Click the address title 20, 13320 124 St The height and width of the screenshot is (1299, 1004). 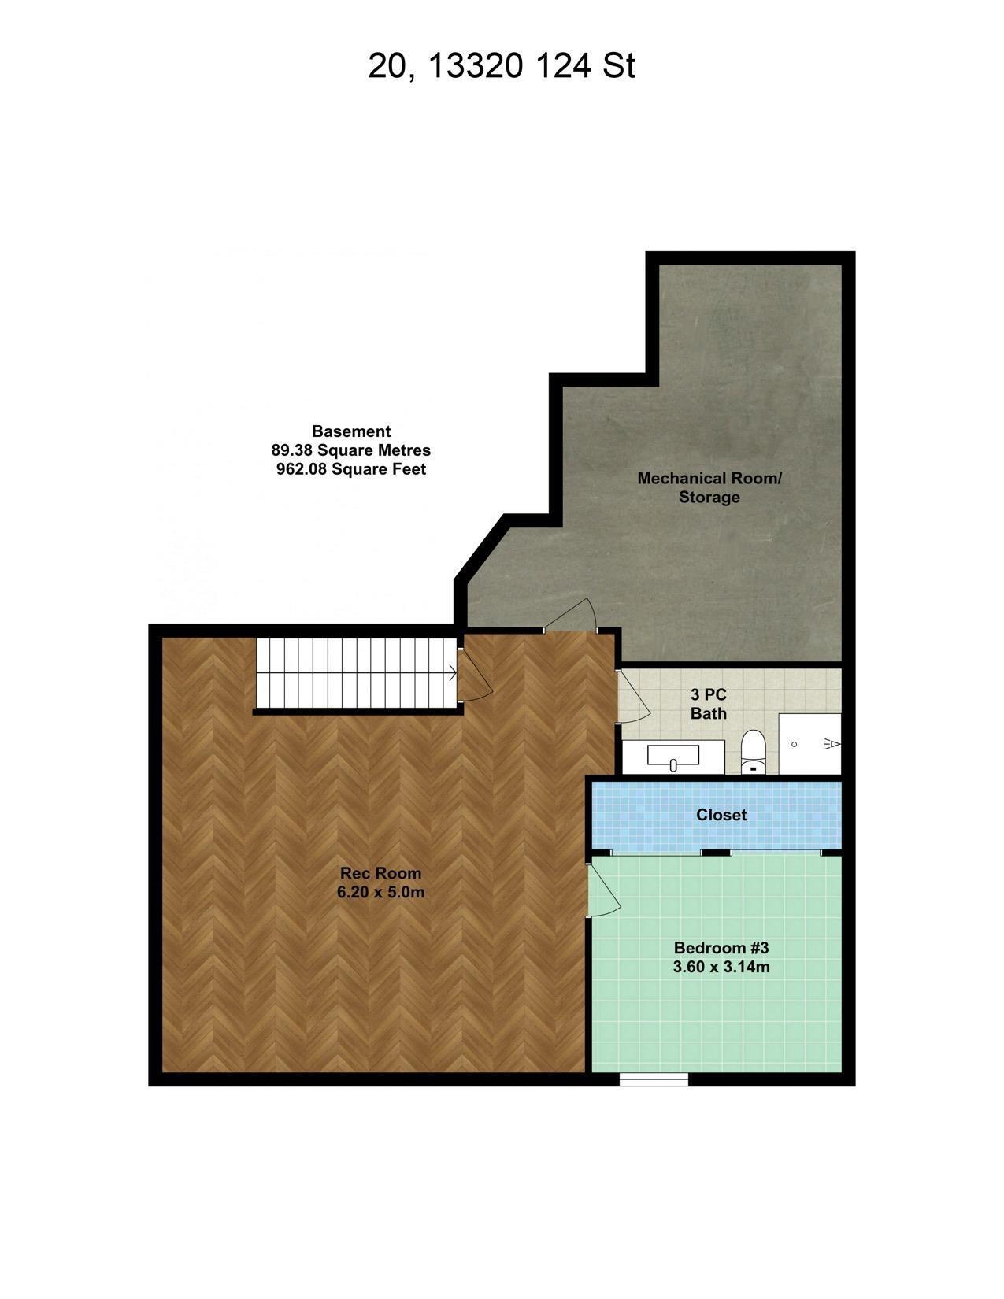pos(501,66)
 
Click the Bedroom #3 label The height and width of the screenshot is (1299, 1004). pos(721,947)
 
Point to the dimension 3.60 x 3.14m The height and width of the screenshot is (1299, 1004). pos(721,967)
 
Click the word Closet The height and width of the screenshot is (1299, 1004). pos(721,815)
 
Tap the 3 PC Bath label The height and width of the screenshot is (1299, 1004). pos(708,704)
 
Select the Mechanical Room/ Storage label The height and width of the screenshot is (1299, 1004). pos(709,487)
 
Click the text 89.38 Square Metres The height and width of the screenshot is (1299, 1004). pos(351,450)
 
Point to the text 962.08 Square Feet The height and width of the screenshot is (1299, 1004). pos(351,469)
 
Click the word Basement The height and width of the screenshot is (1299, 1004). pos(351,431)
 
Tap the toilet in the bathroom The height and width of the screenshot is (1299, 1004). pos(754,752)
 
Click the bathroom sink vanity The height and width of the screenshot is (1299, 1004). pos(673,757)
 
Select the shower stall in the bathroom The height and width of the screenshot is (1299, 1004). pos(809,743)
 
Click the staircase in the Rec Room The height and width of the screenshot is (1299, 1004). pos(357,673)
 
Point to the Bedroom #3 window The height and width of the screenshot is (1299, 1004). pos(654,1079)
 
